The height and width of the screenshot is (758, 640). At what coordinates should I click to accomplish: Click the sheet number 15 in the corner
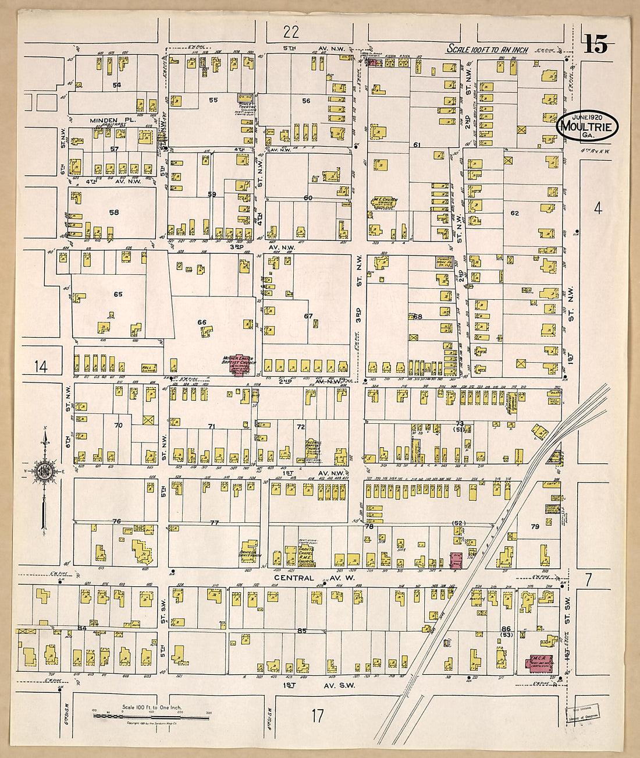coord(596,45)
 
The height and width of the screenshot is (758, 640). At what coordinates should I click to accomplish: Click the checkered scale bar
coord(151,717)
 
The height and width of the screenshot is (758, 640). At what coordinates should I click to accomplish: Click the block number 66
coord(202,322)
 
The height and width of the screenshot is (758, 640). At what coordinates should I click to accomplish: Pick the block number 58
coord(113,212)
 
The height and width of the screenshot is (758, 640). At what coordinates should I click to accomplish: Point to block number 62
coord(514,213)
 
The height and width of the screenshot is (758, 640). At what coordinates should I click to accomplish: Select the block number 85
coord(301,631)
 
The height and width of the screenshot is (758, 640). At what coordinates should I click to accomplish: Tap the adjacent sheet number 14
coord(40,367)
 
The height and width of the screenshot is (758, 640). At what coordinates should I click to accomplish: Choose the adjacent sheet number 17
coord(317,716)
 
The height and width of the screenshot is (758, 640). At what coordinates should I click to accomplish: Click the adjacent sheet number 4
coord(598,208)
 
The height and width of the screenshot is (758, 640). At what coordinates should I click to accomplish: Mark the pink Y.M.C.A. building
coord(540,663)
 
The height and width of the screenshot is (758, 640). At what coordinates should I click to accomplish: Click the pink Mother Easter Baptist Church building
coord(238,368)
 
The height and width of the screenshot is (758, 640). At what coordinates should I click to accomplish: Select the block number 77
coord(214,523)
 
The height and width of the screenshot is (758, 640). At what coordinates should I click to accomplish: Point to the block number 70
coord(119,426)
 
